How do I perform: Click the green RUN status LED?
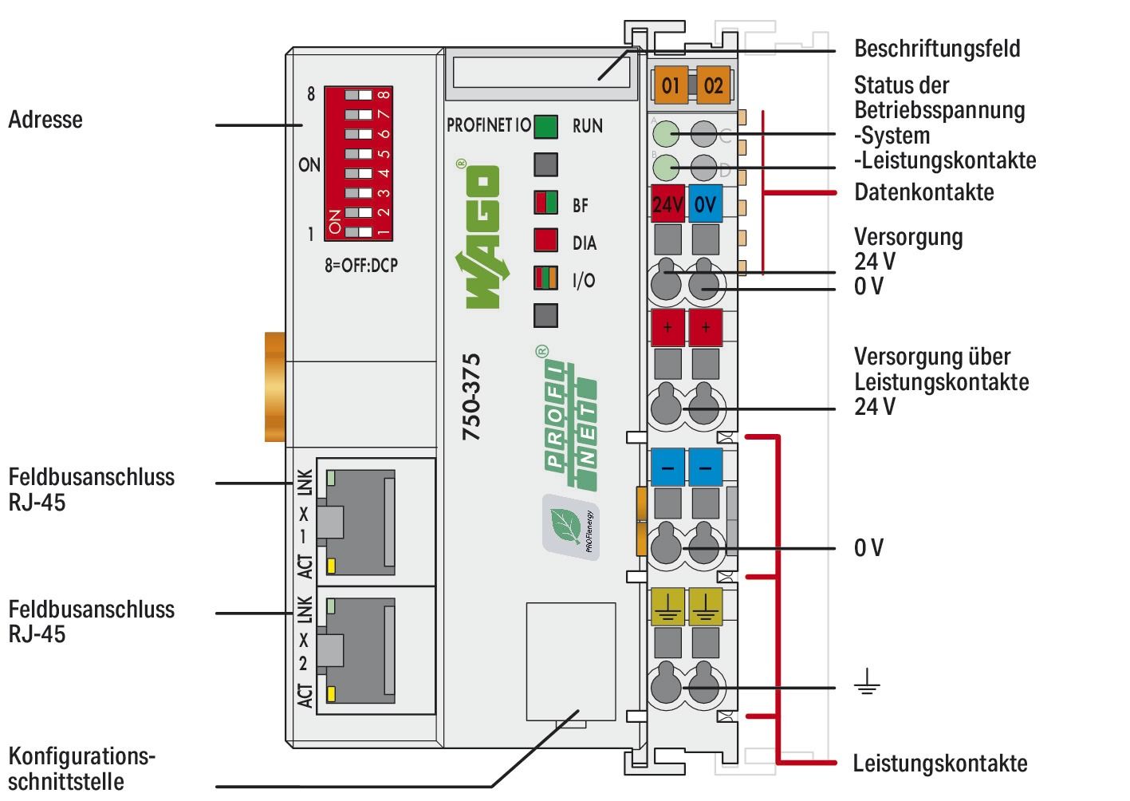[545, 127]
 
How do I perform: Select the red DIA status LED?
[545, 242]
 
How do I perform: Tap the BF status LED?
[545, 203]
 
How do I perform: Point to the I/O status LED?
[545, 279]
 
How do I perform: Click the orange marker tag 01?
[671, 85]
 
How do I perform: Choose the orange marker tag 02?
[713, 85]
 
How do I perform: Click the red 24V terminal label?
[667, 205]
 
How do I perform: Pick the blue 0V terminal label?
[705, 205]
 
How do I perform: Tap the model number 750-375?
[472, 397]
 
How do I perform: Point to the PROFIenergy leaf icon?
[570, 527]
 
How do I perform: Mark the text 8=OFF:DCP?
[360, 266]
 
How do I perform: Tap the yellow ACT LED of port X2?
[331, 692]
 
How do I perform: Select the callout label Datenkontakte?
[923, 192]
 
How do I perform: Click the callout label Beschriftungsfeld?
[936, 49]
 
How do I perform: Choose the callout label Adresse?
[45, 120]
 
